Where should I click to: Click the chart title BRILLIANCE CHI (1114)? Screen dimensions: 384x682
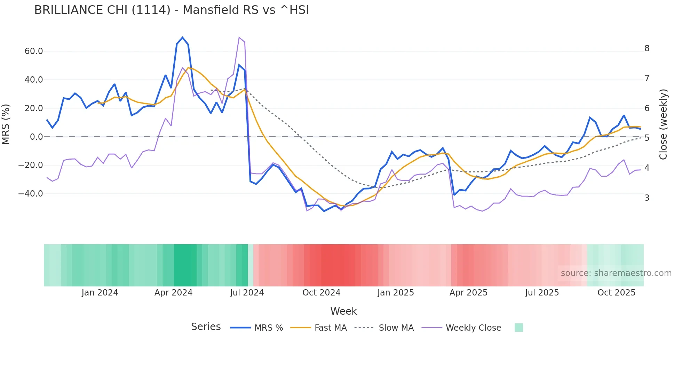coord(171,10)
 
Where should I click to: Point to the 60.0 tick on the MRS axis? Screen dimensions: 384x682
coord(34,51)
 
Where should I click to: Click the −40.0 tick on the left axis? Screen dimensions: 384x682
coord(31,193)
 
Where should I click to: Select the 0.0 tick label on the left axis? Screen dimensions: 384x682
coord(36,137)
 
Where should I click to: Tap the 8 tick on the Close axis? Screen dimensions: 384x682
coord(647,48)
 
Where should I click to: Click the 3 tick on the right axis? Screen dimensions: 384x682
coord(647,198)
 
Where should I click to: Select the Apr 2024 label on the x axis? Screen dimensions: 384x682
coord(173,292)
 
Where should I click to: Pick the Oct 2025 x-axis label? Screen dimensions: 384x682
coord(616,292)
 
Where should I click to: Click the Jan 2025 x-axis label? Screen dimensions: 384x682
coord(396,292)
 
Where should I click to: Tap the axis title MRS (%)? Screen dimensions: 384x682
coord(6,124)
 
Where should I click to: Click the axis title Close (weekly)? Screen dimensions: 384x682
coord(663,124)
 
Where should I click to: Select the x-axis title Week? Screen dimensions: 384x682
coord(343,311)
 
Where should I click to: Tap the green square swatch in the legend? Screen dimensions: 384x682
coord(518,328)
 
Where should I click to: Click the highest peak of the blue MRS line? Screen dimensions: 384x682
coord(182,37)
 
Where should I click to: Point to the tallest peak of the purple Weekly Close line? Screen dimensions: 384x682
coord(239,37)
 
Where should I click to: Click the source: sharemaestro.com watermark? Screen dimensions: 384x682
coord(616,273)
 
